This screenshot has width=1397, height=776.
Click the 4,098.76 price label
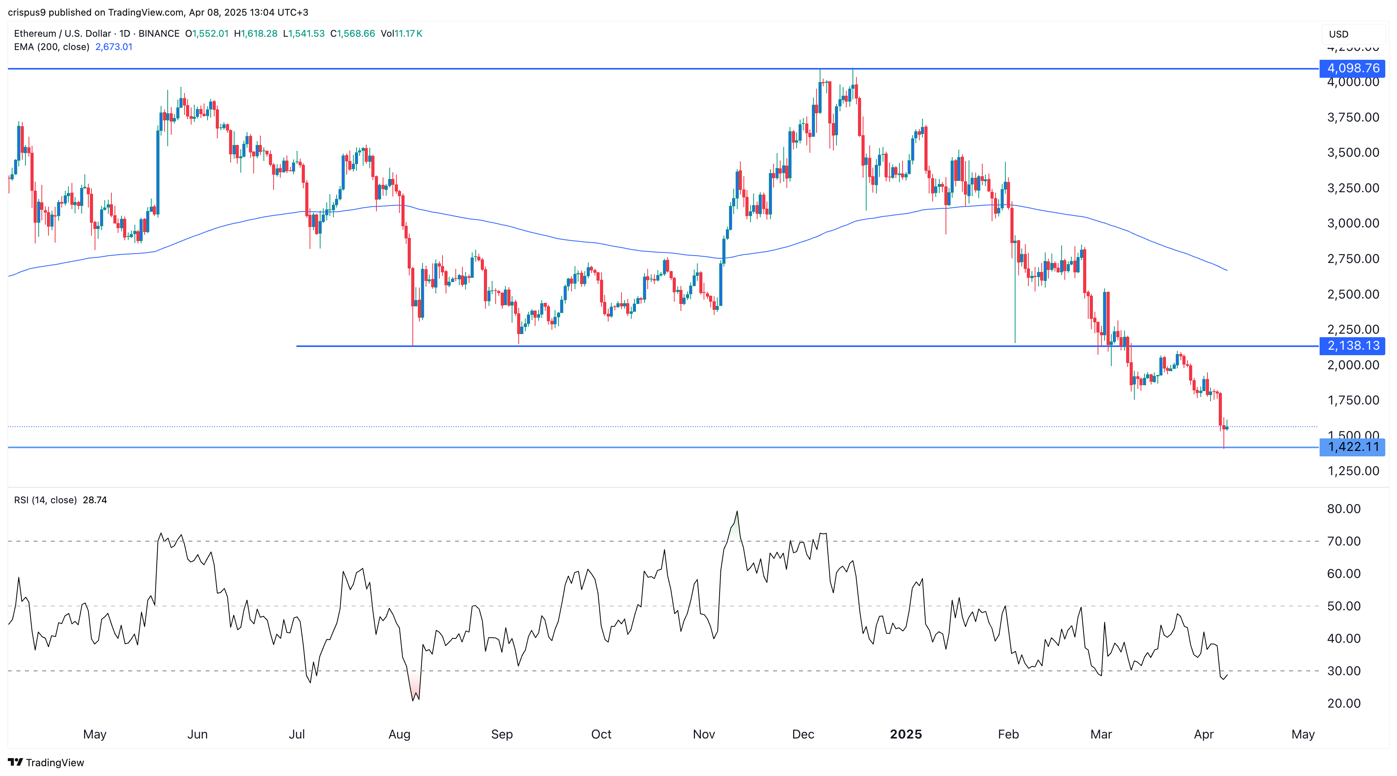pyautogui.click(x=1352, y=68)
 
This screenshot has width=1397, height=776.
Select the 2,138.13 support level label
pyautogui.click(x=1352, y=346)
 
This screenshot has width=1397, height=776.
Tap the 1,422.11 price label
pyautogui.click(x=1352, y=447)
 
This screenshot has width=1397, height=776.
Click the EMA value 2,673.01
pyautogui.click(x=114, y=46)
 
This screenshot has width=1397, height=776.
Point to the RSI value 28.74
pyautogui.click(x=95, y=500)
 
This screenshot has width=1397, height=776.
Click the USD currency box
pyautogui.click(x=1352, y=34)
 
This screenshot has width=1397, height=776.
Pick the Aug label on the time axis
pyautogui.click(x=399, y=734)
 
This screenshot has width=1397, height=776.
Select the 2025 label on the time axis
pyautogui.click(x=906, y=734)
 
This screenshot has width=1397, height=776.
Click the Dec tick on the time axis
pyautogui.click(x=802, y=734)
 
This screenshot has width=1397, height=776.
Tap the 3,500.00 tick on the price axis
pyautogui.click(x=1352, y=152)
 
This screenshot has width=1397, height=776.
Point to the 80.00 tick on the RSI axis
pyautogui.click(x=1343, y=509)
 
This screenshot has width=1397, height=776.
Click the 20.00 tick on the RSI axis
pyautogui.click(x=1343, y=703)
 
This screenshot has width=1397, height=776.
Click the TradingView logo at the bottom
pyautogui.click(x=46, y=762)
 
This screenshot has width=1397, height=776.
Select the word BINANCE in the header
pyautogui.click(x=159, y=34)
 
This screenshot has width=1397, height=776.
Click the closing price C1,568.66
pyautogui.click(x=353, y=34)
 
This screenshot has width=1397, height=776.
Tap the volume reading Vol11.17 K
pyautogui.click(x=401, y=34)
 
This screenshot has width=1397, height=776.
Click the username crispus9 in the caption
pyautogui.click(x=27, y=12)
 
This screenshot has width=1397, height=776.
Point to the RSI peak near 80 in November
pyautogui.click(x=736, y=511)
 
